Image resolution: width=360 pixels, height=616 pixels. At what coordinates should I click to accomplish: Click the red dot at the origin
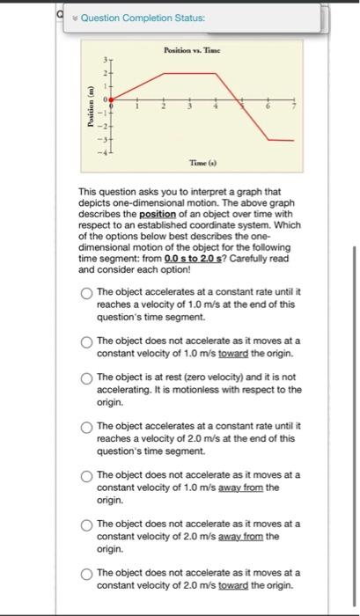tap(111, 103)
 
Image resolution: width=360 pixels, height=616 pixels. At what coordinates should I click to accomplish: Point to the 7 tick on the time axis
tap(295, 107)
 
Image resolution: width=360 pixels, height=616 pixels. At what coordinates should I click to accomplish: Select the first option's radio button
tap(86, 294)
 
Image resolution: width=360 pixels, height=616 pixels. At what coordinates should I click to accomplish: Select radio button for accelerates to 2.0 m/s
tap(86, 429)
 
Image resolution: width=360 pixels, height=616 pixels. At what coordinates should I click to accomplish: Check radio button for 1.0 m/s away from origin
tap(86, 477)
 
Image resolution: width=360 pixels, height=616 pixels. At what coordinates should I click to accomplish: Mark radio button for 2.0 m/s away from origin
tap(86, 525)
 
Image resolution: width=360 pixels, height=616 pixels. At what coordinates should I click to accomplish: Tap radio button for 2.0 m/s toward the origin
tap(86, 574)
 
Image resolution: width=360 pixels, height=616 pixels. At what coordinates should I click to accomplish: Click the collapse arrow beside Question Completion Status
tap(76, 18)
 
